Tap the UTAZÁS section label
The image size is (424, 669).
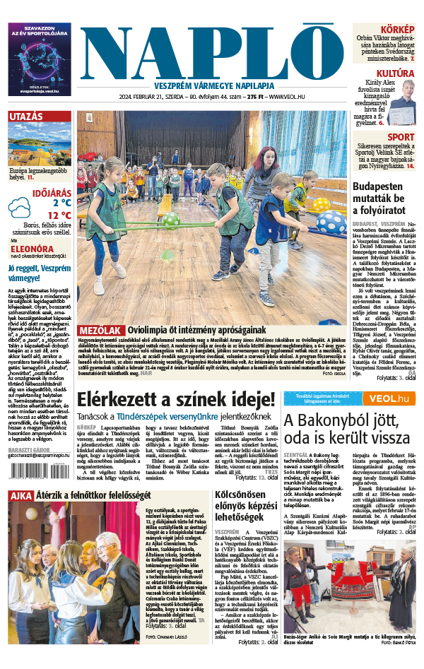tap(26, 117)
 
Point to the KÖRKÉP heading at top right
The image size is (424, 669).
tap(398, 30)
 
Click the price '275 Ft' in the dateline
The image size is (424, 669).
tap(249, 97)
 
